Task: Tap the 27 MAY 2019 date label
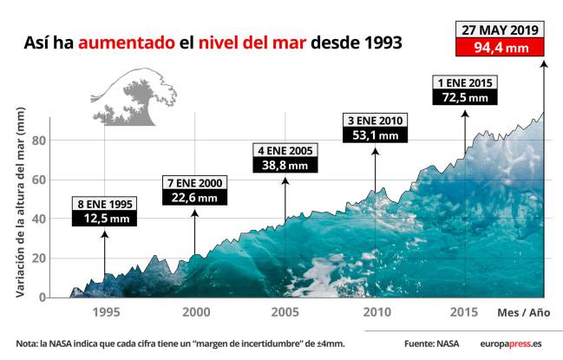tap(501, 30)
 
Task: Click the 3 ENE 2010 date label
tap(375, 119)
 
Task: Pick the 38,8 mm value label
tap(285, 165)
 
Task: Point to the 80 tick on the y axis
tap(38, 141)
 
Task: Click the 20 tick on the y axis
tap(38, 259)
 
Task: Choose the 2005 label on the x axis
tap(285, 312)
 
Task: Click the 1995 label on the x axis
tap(105, 312)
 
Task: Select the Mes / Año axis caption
tap(523, 312)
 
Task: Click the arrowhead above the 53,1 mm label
tap(375, 151)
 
